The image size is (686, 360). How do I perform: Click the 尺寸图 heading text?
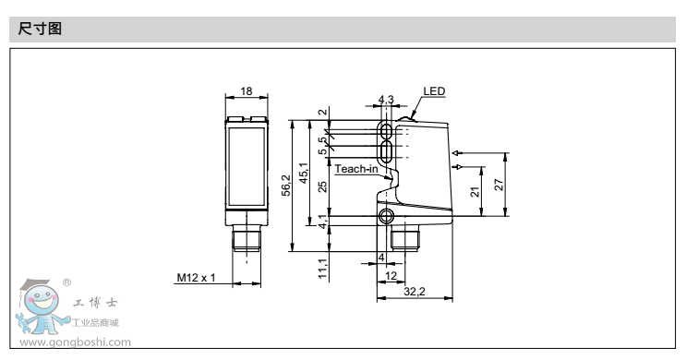(40, 29)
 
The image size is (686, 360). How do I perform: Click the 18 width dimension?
(247, 91)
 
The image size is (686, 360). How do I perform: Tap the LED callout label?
(434, 91)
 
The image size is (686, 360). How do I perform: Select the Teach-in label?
(356, 169)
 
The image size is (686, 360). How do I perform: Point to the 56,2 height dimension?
(286, 186)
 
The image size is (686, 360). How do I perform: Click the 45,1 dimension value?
(303, 173)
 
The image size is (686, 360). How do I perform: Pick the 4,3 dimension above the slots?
(386, 100)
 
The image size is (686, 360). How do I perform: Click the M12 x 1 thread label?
(196, 277)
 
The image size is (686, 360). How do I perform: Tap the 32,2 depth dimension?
(415, 292)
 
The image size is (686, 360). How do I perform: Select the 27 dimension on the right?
(499, 185)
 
